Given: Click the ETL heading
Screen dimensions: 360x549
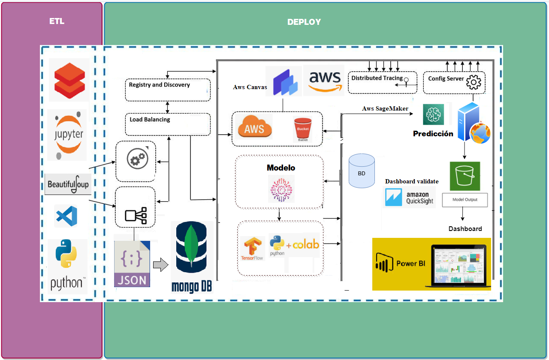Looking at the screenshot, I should pos(57,21).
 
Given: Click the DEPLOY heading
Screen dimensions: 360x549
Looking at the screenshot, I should pos(304,22).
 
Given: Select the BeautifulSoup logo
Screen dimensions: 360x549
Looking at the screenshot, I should pos(68,184).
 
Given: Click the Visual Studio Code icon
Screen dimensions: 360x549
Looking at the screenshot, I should pos(66,216).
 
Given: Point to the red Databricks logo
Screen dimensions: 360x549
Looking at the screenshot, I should pos(69,80).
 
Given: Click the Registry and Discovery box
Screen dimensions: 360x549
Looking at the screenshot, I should pos(168,89).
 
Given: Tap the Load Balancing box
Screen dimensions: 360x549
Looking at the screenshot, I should pos(168,123).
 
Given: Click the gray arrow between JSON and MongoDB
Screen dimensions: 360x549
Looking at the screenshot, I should pos(160,265).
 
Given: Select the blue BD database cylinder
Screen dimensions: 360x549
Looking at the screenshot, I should pos(362,171).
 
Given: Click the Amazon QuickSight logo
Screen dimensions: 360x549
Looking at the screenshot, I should pos(409,198).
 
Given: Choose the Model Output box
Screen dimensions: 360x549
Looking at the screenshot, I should pos(465,200).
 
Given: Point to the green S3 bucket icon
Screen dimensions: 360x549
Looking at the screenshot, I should pos(465,176).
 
